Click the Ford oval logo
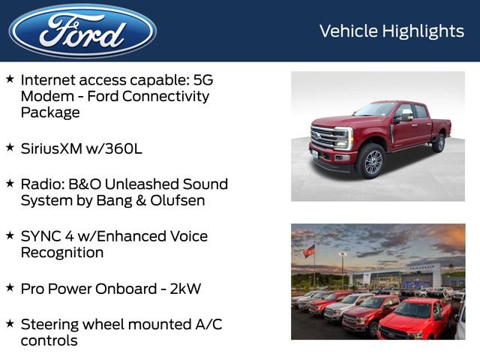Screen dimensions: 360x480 click(x=82, y=31)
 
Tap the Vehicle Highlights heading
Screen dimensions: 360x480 click(x=391, y=31)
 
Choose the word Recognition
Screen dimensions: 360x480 click(x=61, y=253)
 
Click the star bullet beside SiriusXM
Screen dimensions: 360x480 click(x=10, y=147)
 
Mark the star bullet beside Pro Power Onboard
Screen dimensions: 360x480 click(x=10, y=287)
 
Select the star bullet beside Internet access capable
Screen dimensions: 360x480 click(x=10, y=79)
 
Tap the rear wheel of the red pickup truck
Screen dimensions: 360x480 click(x=438, y=142)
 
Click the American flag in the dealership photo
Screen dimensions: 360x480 click(x=309, y=251)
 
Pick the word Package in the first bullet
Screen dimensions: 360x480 click(x=49, y=113)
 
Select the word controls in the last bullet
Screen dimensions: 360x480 click(x=49, y=341)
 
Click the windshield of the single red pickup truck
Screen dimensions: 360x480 click(x=376, y=110)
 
